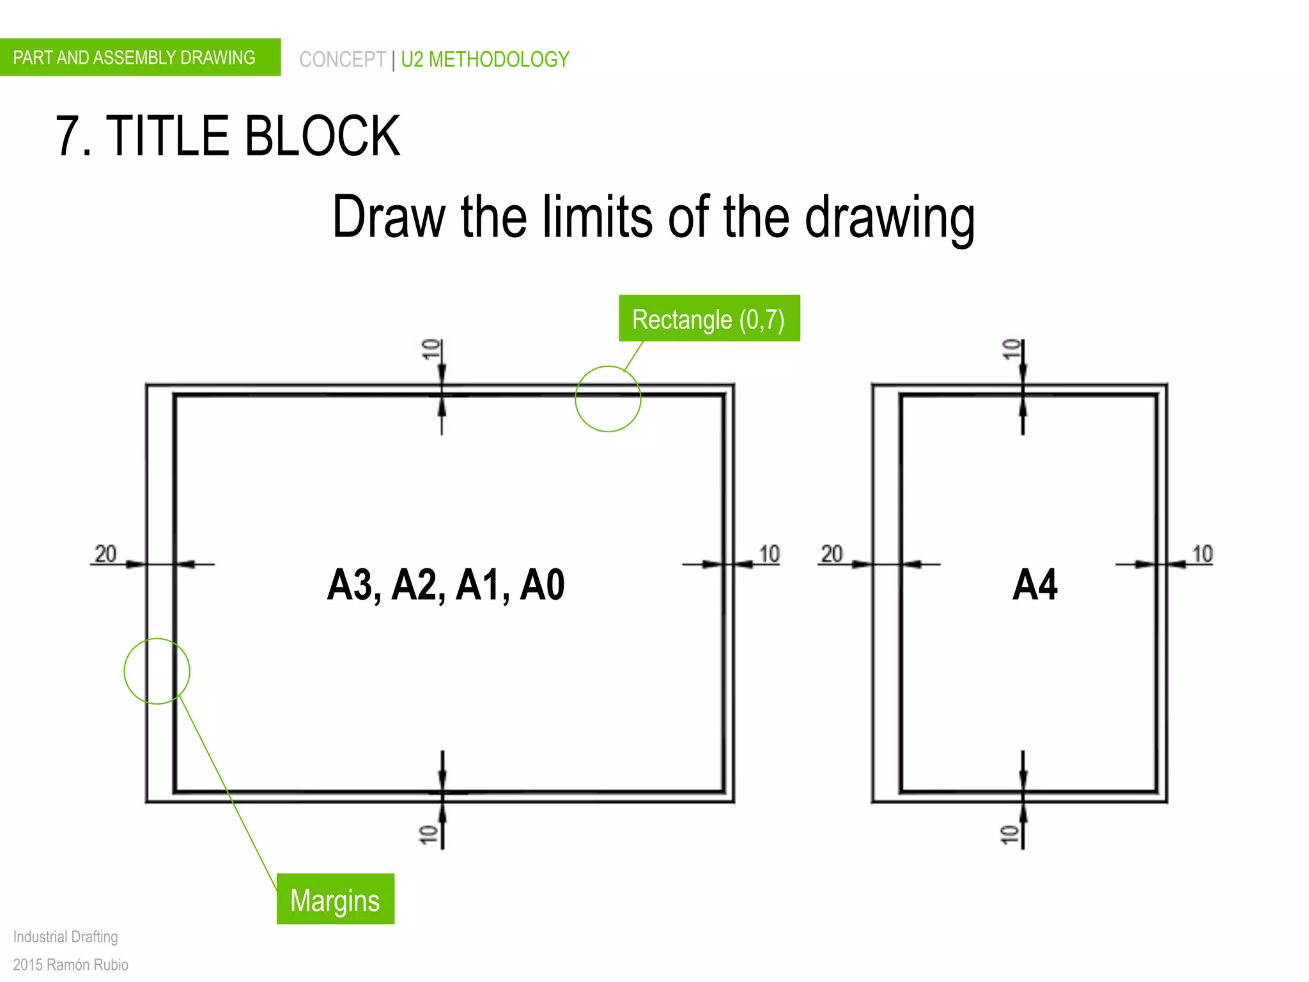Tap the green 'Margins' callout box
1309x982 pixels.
[335, 899]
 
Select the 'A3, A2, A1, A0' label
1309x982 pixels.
[445, 584]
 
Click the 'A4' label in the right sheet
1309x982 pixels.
[1035, 584]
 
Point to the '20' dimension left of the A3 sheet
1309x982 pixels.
[105, 554]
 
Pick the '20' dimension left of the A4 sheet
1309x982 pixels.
[832, 554]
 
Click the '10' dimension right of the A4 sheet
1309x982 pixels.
[1202, 554]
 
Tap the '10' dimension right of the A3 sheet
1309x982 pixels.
[769, 554]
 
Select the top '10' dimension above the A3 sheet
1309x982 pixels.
[431, 349]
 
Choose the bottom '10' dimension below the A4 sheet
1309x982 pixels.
[1009, 834]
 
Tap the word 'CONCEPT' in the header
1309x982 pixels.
[342, 59]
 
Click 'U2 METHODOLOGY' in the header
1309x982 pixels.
[484, 59]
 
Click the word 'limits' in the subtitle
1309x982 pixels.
[597, 217]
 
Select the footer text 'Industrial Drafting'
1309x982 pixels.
[66, 937]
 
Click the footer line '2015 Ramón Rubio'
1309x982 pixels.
[70, 964]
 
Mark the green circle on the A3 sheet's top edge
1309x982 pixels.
[608, 399]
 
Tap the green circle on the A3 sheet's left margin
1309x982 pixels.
[157, 671]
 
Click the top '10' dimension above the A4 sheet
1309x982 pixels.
[1011, 349]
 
